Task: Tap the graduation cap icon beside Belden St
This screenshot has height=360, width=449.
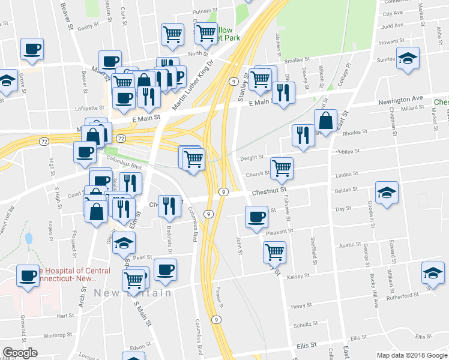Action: click(387, 194)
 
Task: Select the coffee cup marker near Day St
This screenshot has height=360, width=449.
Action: click(257, 217)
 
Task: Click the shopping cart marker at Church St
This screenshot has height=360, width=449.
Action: click(281, 168)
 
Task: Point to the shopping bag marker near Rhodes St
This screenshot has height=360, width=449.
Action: click(325, 121)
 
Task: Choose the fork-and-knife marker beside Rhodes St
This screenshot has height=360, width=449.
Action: click(301, 135)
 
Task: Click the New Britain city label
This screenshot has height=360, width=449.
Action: click(133, 293)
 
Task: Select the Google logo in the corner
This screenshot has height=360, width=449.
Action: click(20, 352)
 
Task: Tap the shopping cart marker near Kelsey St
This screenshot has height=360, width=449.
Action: click(274, 251)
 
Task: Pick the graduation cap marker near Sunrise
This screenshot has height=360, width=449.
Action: click(408, 59)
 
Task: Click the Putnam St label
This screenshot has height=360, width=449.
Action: click(204, 11)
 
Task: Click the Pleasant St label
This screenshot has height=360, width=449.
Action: click(279, 230)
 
